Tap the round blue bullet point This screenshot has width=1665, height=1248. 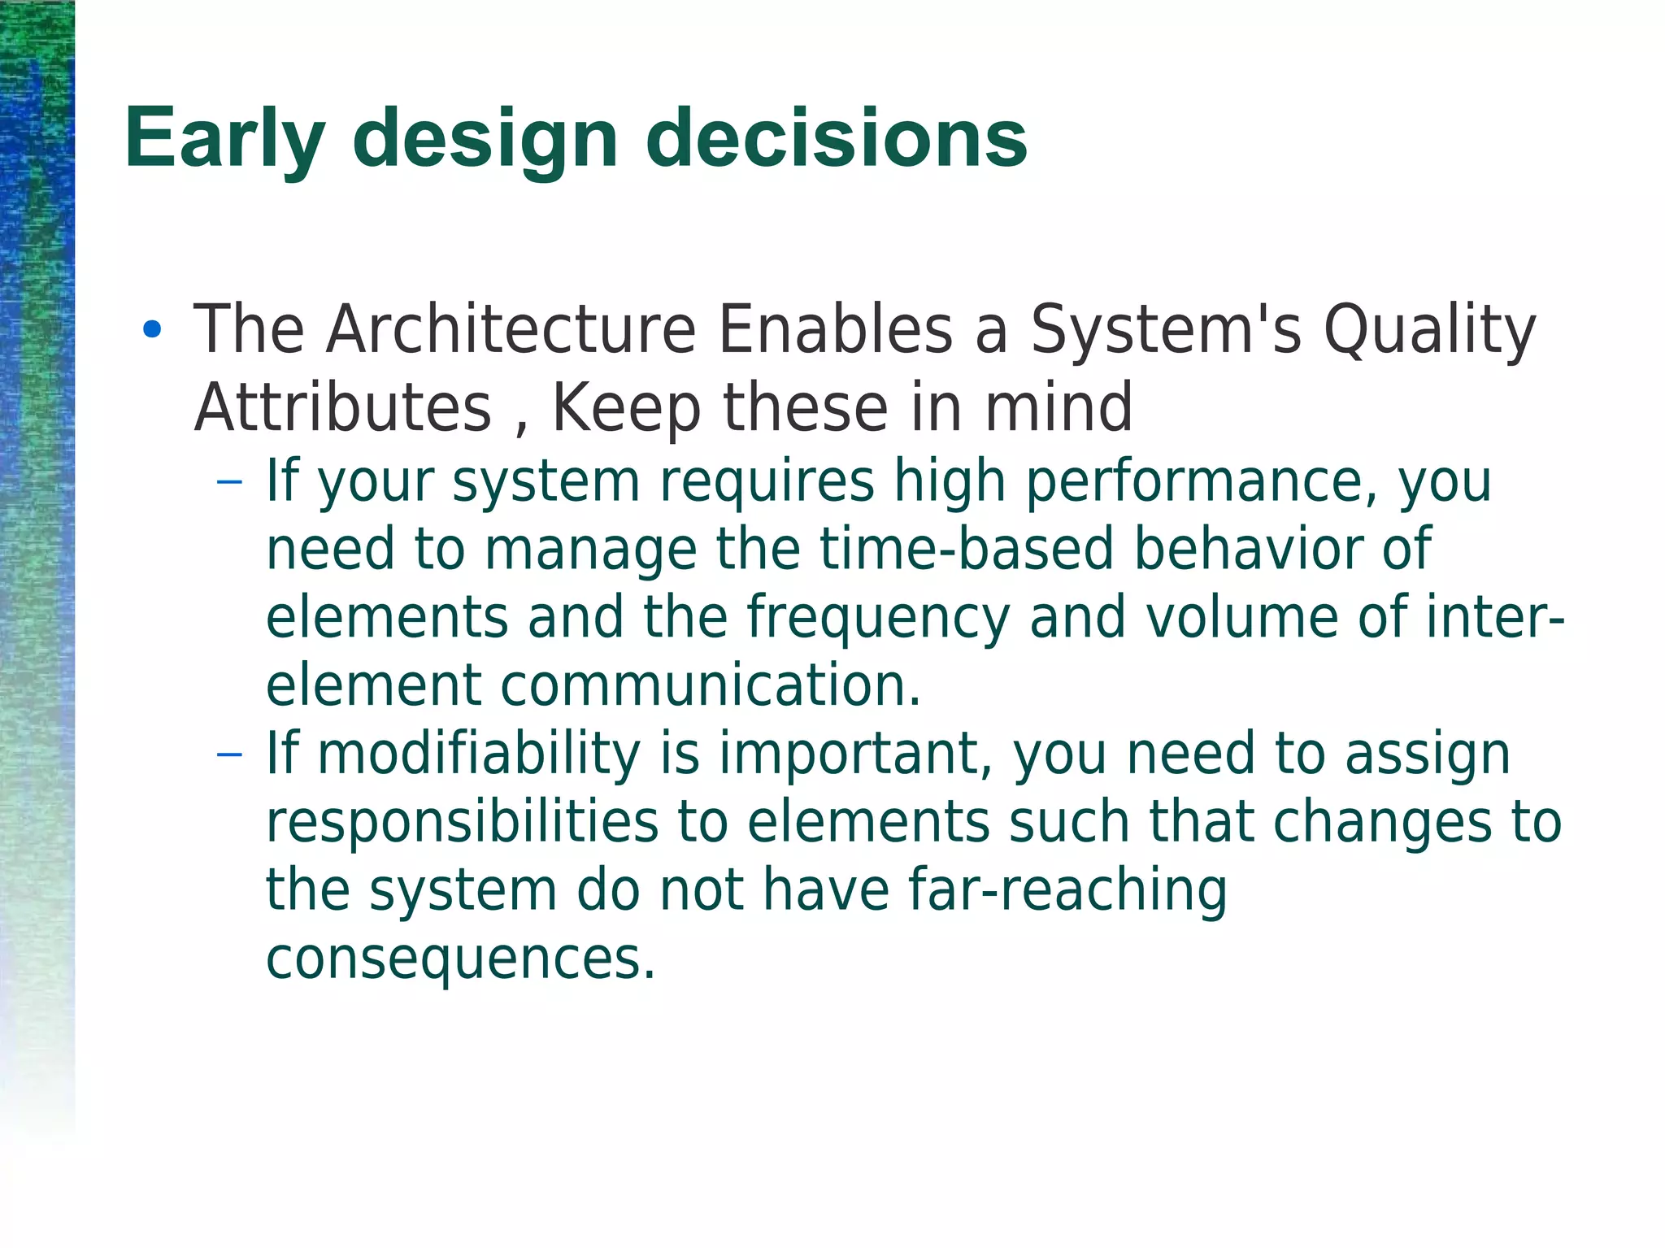(152, 330)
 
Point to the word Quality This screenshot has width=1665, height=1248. (1428, 331)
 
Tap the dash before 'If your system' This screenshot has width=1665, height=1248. (230, 481)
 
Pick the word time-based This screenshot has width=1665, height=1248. (966, 549)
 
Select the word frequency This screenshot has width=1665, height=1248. (878, 618)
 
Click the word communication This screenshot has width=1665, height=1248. (710, 685)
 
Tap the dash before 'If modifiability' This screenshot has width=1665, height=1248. (230, 754)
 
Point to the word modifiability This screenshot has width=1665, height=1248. (478, 754)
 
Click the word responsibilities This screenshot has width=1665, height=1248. (462, 822)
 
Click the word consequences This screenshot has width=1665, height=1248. (460, 959)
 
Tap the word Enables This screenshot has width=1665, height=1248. (835, 329)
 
